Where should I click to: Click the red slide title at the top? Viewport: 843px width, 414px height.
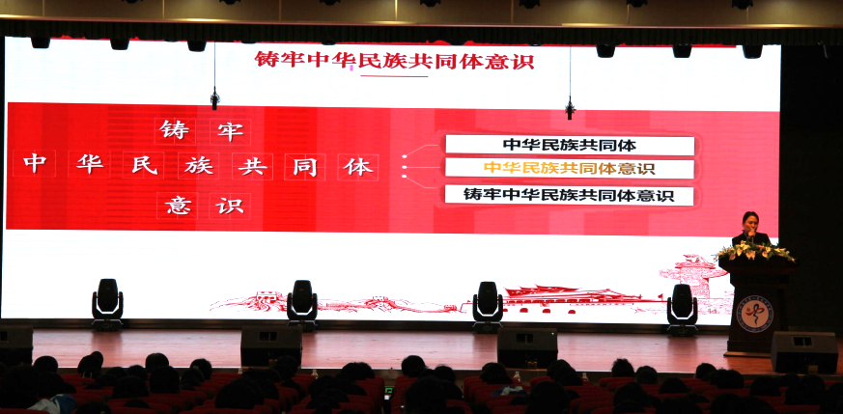[x=394, y=60]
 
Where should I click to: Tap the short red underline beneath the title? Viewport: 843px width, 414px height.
[x=394, y=76]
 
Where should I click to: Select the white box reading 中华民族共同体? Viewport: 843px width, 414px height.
[x=570, y=145]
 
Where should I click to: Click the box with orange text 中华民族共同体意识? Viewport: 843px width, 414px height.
[x=570, y=168]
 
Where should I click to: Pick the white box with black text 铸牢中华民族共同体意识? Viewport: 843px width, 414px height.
[x=570, y=194]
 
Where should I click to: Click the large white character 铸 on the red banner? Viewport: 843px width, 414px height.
[x=175, y=130]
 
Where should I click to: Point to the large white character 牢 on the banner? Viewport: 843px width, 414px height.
[x=230, y=131]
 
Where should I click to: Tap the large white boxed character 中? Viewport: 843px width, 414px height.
[x=35, y=164]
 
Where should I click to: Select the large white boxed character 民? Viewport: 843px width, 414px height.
[x=145, y=165]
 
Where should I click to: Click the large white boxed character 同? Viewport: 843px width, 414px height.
[x=305, y=167]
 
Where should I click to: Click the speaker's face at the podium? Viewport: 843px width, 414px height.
[x=750, y=221]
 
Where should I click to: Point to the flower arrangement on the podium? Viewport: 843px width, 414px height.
[x=754, y=250]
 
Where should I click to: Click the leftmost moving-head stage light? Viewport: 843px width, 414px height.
[x=107, y=303]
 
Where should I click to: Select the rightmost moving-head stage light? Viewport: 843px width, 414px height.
[x=683, y=309]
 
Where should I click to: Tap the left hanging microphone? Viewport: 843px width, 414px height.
[x=214, y=98]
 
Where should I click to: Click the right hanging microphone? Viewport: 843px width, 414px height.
[x=570, y=107]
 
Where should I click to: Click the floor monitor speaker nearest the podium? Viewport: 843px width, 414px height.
[x=803, y=351]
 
